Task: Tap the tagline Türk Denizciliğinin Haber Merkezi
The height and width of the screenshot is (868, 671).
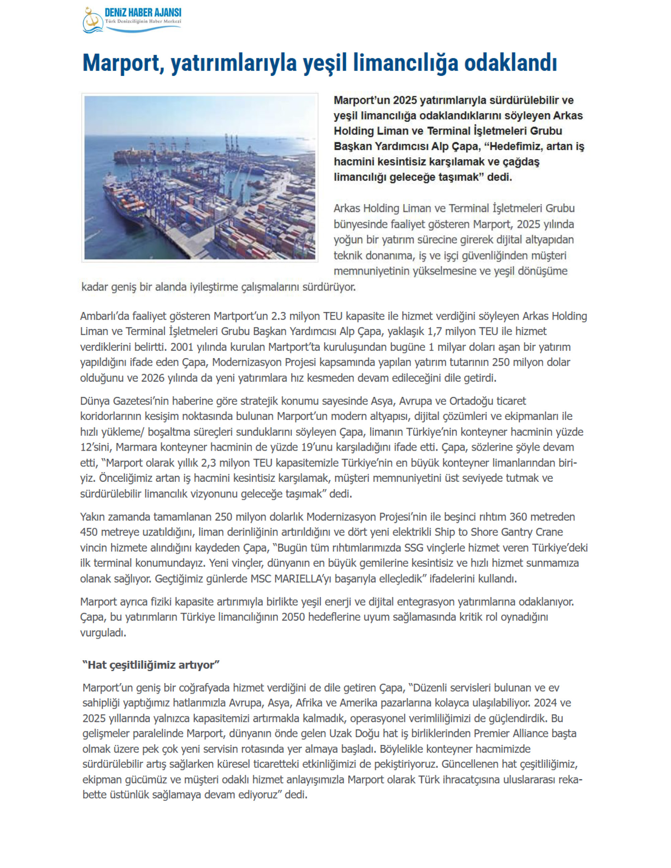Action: (143, 21)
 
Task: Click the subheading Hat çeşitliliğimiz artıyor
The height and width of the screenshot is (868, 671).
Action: (151, 665)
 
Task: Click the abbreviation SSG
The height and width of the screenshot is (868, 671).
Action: (414, 548)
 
